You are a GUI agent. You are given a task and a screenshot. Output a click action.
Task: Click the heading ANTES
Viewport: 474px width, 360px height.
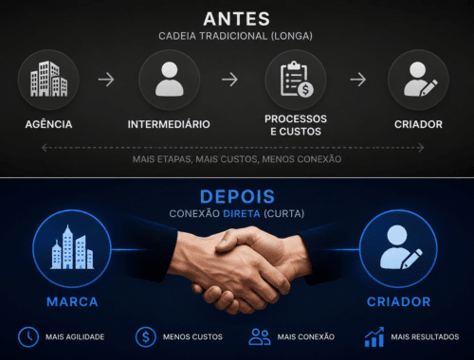click(x=237, y=19)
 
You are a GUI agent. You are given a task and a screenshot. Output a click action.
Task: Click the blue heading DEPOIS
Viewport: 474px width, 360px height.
click(x=237, y=197)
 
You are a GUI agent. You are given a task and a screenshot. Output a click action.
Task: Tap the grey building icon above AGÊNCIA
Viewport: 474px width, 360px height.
click(x=48, y=79)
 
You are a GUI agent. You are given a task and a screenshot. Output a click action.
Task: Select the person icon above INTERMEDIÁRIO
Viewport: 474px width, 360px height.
click(x=170, y=79)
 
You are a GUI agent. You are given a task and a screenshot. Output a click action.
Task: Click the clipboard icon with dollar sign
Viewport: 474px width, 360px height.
click(x=297, y=79)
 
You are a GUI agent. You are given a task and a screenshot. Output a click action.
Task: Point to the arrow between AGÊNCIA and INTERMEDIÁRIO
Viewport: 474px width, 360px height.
click(x=106, y=80)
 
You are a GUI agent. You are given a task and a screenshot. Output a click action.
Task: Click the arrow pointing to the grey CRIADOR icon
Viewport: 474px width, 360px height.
click(x=358, y=80)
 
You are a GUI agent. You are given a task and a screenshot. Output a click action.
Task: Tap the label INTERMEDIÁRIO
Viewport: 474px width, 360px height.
click(x=169, y=124)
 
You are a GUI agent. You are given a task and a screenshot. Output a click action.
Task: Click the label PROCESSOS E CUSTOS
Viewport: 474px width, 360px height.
click(x=296, y=125)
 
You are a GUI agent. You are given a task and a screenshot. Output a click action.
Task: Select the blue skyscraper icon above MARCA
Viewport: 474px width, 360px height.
click(x=72, y=247)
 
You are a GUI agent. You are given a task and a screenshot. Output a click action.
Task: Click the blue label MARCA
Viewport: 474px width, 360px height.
click(x=72, y=302)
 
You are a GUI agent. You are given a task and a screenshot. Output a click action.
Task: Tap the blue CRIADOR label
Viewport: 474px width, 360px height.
click(x=399, y=302)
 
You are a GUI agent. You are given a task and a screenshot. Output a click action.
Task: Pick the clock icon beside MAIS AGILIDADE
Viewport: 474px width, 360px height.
click(x=28, y=337)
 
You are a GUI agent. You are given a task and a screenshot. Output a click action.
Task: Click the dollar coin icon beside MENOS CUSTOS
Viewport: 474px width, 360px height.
click(x=146, y=337)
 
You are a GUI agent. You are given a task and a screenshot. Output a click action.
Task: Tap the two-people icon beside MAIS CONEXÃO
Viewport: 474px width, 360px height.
click(x=260, y=336)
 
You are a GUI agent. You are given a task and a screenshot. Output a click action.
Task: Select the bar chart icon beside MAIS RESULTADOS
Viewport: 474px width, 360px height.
click(x=374, y=337)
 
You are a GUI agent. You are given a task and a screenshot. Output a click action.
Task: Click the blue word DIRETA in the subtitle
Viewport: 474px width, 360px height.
click(x=242, y=214)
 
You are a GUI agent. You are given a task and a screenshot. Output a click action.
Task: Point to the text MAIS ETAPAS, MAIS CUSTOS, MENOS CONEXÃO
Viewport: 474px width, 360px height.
click(x=237, y=159)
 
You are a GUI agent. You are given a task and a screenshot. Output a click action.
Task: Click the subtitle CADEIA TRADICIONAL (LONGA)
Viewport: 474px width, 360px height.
click(x=235, y=36)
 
